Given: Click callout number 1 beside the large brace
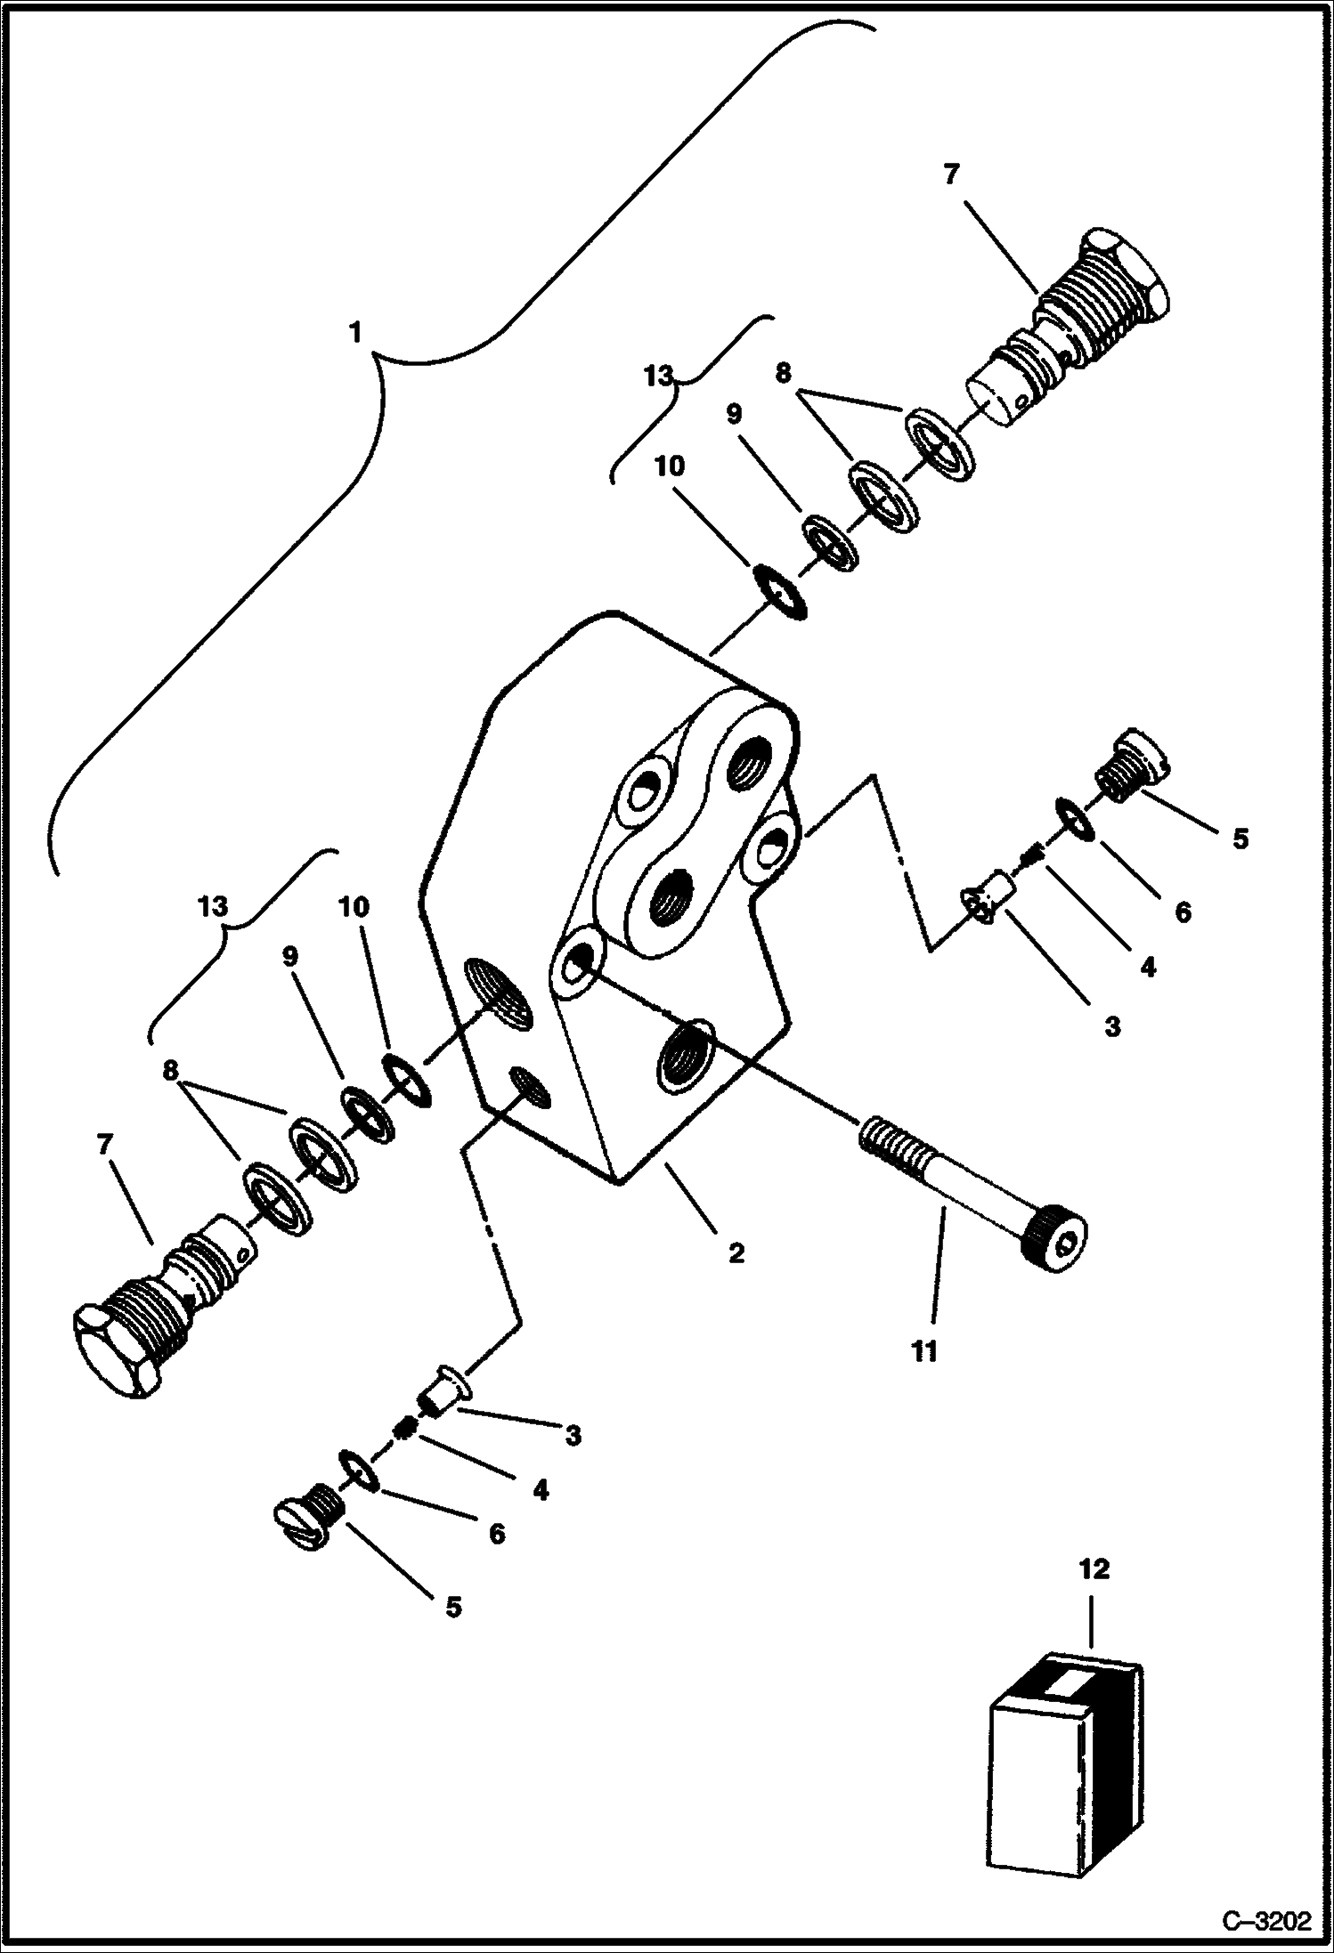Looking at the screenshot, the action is (x=356, y=333).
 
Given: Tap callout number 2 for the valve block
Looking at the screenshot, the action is (x=736, y=1253).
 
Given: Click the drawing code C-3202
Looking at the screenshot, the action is (x=1267, y=1917).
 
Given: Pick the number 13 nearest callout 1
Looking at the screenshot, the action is (x=659, y=376).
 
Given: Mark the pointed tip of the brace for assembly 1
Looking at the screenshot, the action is (x=379, y=356).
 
